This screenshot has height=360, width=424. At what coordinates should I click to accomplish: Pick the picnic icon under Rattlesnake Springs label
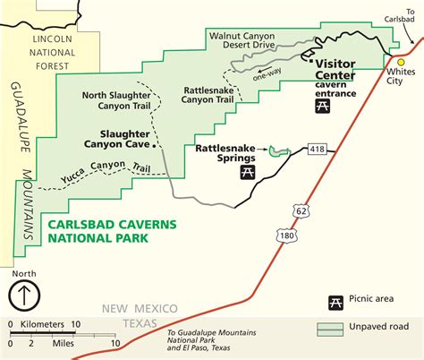[243, 170]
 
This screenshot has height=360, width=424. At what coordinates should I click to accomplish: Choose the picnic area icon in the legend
[337, 303]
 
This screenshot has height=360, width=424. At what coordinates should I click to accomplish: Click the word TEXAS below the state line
[139, 322]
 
